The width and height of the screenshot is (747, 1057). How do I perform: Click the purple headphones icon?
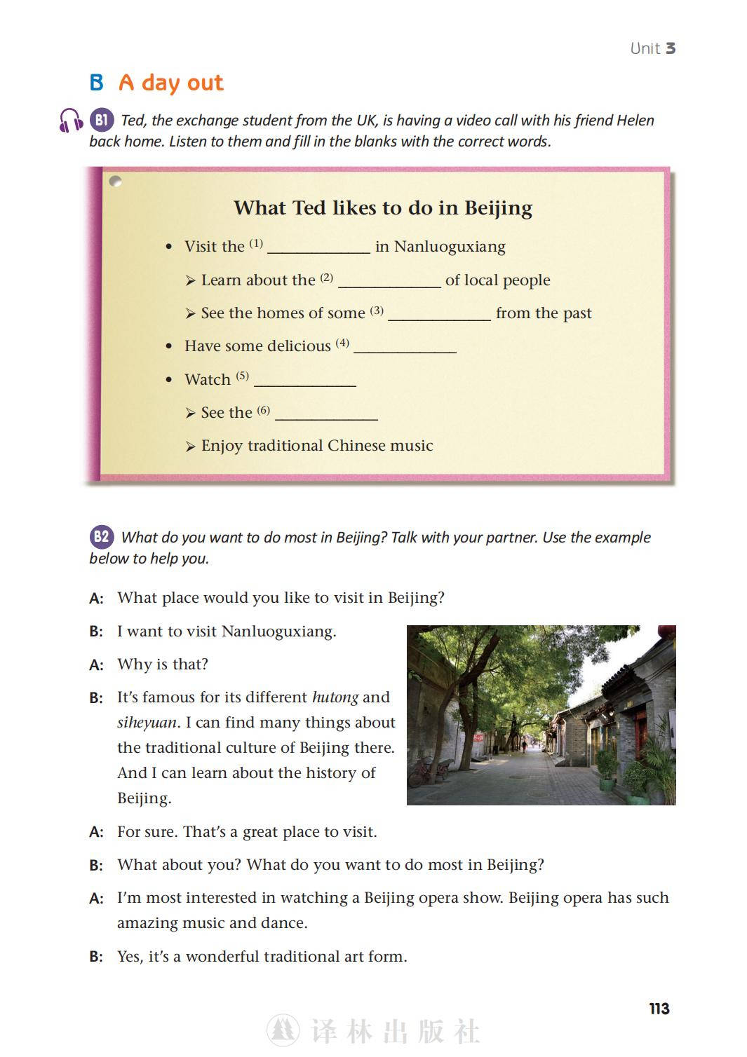coord(71,121)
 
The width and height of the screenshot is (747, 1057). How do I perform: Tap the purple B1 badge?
coord(102,120)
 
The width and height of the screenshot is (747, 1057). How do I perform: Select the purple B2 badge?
coord(102,537)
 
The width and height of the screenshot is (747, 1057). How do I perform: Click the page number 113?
coord(659,1009)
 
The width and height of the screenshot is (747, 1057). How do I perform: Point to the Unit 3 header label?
coord(652,48)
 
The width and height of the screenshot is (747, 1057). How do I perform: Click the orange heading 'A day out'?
coord(171,83)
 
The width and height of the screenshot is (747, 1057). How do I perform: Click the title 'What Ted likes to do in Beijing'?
coord(383,207)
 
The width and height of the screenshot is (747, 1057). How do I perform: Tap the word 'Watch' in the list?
coord(208,379)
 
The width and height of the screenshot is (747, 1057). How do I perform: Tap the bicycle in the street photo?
coord(422,772)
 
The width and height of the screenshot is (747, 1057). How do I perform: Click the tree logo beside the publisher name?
coord(283,1030)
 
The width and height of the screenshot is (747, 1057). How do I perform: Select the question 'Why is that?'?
coord(163,664)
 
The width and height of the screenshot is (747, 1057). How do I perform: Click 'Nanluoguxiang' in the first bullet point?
coord(450,247)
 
